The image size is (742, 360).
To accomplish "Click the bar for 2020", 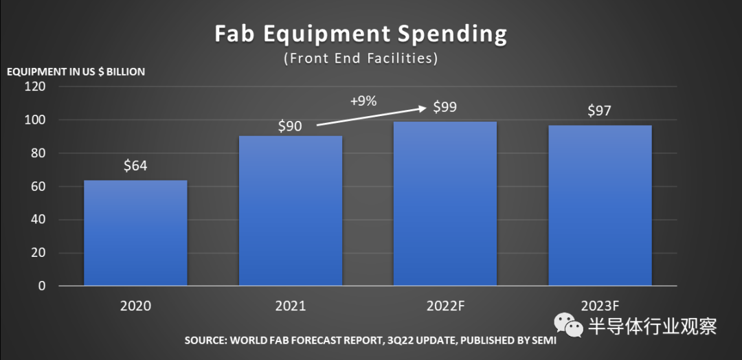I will (135, 233).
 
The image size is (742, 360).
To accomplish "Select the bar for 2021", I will (290, 210).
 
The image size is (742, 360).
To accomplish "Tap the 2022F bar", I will (445, 203).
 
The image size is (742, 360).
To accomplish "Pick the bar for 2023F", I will (600, 205).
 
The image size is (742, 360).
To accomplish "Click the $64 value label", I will (135, 166).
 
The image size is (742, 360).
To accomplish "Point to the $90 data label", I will (291, 126).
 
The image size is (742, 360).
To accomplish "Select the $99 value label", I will (445, 107).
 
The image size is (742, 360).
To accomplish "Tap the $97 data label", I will (600, 111).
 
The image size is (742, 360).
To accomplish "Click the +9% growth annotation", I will (363, 100).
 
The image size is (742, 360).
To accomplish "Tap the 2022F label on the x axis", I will (445, 306).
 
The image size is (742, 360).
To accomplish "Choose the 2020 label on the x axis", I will (135, 306).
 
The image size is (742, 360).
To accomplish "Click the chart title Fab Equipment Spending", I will (361, 34).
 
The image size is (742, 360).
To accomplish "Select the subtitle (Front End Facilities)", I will (361, 58).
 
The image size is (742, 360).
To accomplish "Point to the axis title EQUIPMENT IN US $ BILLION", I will (76, 71).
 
